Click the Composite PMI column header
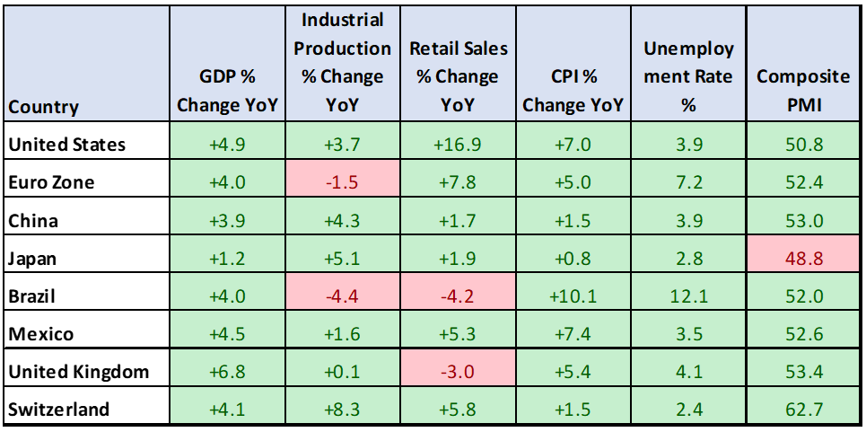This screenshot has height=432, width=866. click(x=803, y=91)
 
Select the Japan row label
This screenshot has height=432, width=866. click(x=32, y=259)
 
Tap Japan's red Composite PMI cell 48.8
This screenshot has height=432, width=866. click(x=803, y=259)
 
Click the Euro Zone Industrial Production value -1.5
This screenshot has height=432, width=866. click(x=342, y=182)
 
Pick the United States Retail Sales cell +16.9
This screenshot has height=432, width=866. click(x=457, y=145)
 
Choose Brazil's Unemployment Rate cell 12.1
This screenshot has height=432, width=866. click(x=688, y=296)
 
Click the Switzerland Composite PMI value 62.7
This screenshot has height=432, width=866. click(x=803, y=410)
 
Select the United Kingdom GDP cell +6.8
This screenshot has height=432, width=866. click(x=228, y=372)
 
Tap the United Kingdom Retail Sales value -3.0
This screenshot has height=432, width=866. click(x=457, y=372)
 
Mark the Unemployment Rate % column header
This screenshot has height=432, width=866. click(x=688, y=76)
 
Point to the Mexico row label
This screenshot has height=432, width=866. click(x=39, y=334)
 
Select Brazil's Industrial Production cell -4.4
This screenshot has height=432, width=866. click(x=342, y=296)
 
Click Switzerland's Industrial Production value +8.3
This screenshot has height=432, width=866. click(x=342, y=410)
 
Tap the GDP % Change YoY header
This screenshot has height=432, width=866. click(x=228, y=91)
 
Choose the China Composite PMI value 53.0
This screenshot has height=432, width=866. click(x=803, y=221)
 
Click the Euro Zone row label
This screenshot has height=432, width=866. click(x=50, y=182)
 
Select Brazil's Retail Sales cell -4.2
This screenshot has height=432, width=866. click(x=457, y=296)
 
